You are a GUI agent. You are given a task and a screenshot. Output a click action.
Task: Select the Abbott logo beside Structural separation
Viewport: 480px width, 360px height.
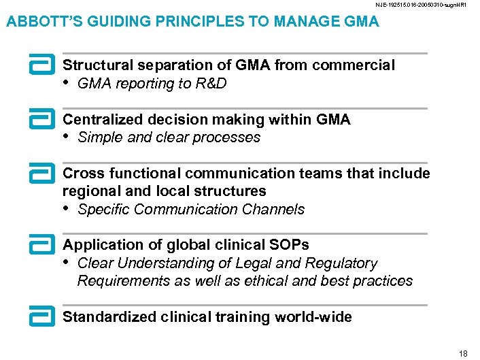point(42,66)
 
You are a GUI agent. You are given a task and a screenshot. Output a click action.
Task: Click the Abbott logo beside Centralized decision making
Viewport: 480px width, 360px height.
point(42,120)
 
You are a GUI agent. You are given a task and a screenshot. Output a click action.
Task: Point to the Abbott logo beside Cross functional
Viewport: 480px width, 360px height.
point(42,174)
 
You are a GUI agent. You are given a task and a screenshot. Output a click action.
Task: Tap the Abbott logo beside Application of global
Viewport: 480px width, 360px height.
point(42,245)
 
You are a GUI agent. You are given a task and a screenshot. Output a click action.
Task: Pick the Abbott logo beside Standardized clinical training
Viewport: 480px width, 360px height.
point(42,316)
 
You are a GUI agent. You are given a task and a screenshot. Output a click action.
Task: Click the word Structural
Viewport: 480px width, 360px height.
point(97,65)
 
